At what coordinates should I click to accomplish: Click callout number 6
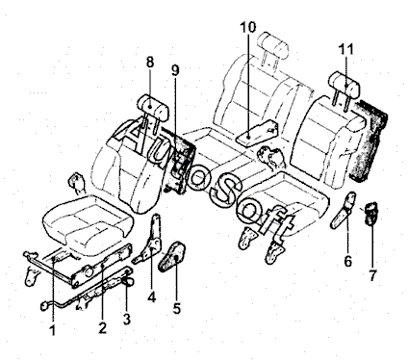348,262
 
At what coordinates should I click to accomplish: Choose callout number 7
372,275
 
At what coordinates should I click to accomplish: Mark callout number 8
150,63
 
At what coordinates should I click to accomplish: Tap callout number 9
175,71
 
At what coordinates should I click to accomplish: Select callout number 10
248,27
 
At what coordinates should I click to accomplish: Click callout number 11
346,50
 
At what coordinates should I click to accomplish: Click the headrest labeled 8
153,108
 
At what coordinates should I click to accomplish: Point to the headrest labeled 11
345,85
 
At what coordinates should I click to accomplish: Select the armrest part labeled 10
257,133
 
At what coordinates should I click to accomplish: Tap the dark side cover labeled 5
172,256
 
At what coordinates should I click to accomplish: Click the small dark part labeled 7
371,213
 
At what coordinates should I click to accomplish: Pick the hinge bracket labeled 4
150,239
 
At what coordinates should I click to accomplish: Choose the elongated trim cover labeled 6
343,210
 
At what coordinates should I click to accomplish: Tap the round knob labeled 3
128,281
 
